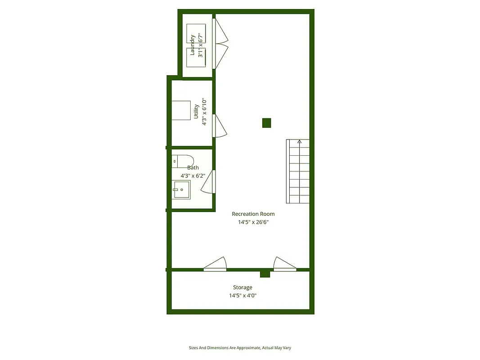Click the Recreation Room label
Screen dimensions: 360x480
coord(253,214)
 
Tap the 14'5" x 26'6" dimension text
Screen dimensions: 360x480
coord(253,222)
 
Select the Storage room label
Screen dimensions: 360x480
coord(242,288)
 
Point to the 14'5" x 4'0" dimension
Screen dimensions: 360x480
coord(242,296)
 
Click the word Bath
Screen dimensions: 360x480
coord(193,168)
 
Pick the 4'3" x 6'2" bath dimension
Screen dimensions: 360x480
coord(193,176)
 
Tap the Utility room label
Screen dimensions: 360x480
coord(196,112)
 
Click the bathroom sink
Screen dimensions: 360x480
coord(181,190)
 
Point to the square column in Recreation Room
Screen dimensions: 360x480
coord(267,122)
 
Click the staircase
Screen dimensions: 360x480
coord(298,171)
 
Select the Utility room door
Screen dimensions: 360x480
coord(220,126)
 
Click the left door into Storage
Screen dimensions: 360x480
coord(215,265)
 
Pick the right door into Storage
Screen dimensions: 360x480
coord(284,265)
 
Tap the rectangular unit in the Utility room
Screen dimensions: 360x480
coord(181,110)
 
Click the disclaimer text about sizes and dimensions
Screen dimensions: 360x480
coord(242,348)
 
